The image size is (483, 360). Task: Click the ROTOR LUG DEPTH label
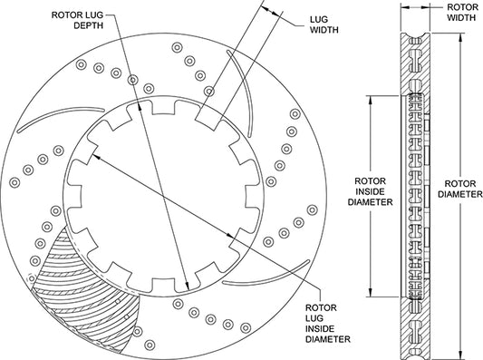pos(77,20)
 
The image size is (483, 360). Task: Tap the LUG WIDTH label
pos(324,24)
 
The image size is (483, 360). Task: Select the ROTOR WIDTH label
pos(461,13)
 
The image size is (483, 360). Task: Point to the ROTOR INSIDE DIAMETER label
pos(370,191)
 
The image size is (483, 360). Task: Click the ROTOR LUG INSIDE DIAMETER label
pos(327,324)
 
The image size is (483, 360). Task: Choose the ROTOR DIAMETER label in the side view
pos(460,189)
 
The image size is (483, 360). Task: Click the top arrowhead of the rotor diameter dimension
pos(461,37)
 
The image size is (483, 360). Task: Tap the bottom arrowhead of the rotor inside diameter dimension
pos(371,292)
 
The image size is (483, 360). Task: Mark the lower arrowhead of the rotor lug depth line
pos(187,286)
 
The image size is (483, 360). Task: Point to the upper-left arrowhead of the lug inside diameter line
pos(97,157)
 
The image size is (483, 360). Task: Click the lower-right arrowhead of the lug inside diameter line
pos(230,236)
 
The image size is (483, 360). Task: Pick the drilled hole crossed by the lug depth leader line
pos(132,80)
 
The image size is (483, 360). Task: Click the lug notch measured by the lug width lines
pos(209,120)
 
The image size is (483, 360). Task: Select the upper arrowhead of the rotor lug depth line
pos(140,106)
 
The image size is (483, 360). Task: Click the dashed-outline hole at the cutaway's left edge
pos(31,278)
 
